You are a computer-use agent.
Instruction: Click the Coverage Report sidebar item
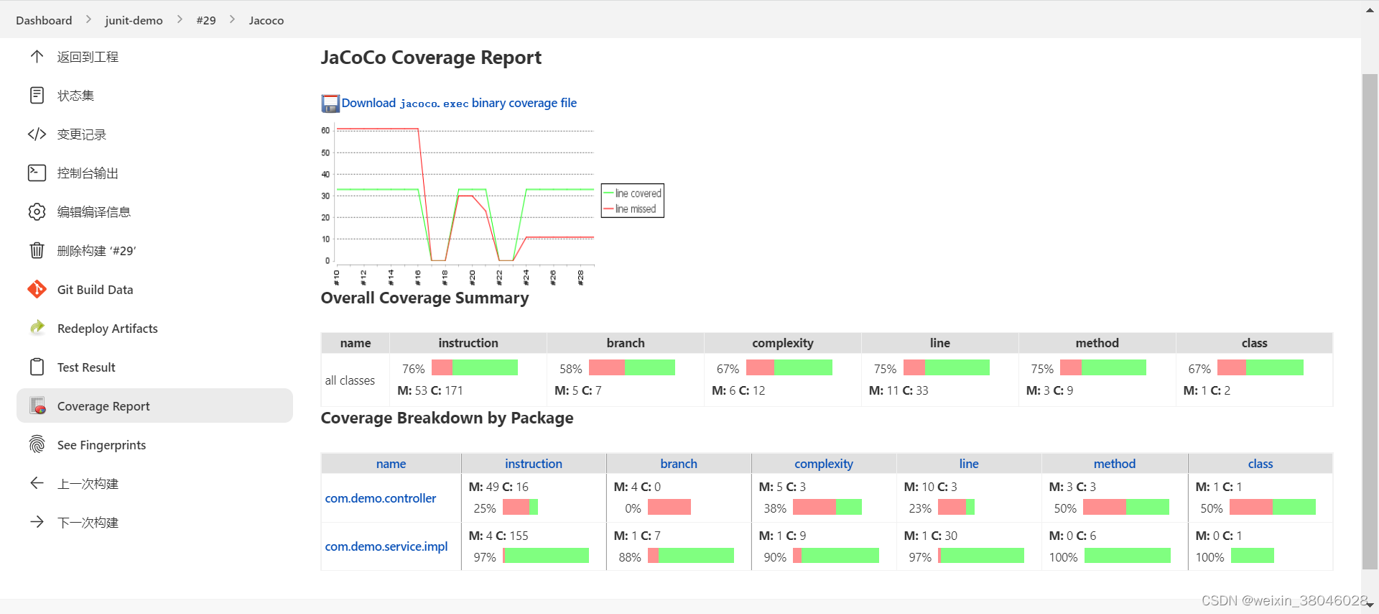click(x=103, y=406)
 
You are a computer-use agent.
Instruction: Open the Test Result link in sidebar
click(x=86, y=367)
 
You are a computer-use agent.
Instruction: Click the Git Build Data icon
click(x=37, y=290)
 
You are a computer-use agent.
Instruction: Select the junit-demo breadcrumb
click(x=134, y=20)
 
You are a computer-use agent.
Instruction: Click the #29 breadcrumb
click(x=205, y=20)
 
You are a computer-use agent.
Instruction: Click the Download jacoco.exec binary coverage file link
click(x=458, y=103)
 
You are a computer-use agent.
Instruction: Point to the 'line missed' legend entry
click(x=635, y=209)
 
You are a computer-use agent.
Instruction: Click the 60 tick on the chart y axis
click(x=325, y=130)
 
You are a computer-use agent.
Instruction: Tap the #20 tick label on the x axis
click(x=472, y=277)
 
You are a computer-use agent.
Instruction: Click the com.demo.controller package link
click(x=380, y=498)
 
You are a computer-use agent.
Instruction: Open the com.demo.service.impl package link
click(x=386, y=546)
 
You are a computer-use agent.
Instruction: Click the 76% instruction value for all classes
click(x=413, y=369)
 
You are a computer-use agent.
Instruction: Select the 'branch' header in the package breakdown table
click(x=678, y=464)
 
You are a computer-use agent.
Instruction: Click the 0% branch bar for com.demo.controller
click(x=669, y=508)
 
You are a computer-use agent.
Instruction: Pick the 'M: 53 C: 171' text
click(x=430, y=390)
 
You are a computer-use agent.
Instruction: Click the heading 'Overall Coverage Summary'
click(x=424, y=298)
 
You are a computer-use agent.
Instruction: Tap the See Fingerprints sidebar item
click(x=101, y=445)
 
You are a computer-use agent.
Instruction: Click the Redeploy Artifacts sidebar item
click(x=107, y=329)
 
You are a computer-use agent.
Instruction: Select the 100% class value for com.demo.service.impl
click(x=1209, y=557)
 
